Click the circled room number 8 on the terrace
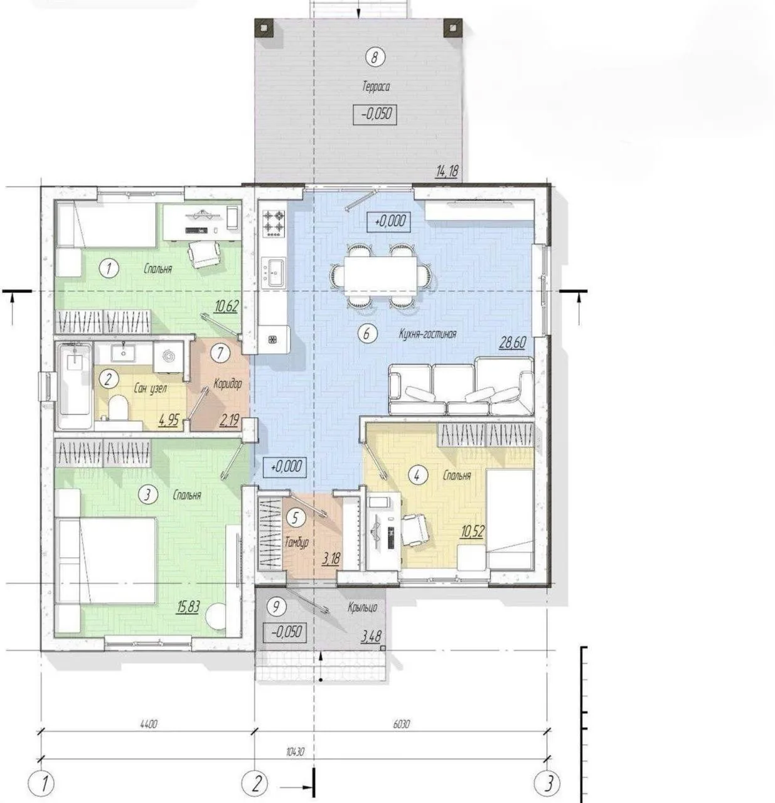(x=374, y=57)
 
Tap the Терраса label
(x=375, y=87)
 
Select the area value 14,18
(x=447, y=171)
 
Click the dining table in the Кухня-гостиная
(x=380, y=274)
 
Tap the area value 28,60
(x=513, y=342)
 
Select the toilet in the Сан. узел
(x=117, y=407)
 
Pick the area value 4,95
(x=169, y=420)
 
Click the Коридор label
(x=227, y=383)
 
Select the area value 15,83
(x=188, y=607)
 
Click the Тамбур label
(x=297, y=542)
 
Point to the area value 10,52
(x=472, y=532)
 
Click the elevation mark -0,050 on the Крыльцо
(x=285, y=631)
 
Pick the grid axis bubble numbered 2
(x=255, y=783)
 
